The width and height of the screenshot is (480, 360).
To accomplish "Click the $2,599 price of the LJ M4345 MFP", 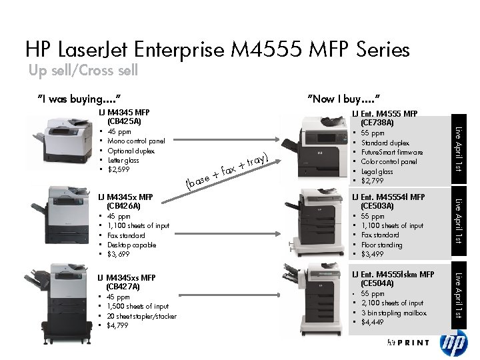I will pyautogui.click(x=119, y=169).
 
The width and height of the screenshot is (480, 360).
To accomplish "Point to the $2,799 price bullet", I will pyautogui.click(x=373, y=181).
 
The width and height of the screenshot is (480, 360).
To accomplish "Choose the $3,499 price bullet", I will pyautogui.click(x=373, y=254).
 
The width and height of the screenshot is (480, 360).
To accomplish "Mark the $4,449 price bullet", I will pyautogui.click(x=373, y=322).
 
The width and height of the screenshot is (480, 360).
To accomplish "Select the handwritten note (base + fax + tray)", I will pyautogui.click(x=227, y=171).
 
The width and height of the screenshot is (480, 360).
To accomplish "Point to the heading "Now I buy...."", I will pyautogui.click(x=345, y=99).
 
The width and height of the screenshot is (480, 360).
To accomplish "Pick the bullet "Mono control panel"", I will pyautogui.click(x=136, y=141).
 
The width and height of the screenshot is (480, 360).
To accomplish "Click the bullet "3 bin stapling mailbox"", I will pyautogui.click(x=393, y=313).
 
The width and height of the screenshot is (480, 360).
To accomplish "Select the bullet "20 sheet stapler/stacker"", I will pyautogui.click(x=141, y=316).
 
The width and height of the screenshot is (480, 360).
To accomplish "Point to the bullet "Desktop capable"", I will pyautogui.click(x=131, y=245).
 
